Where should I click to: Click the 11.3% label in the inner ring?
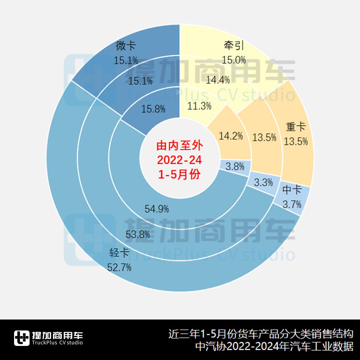coord(199,105)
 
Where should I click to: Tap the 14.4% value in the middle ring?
coord(218,80)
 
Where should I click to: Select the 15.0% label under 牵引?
coord(234,60)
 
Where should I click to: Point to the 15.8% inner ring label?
coord(153,109)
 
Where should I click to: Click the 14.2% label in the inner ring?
coord(231,136)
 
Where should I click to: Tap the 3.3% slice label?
coord(263,182)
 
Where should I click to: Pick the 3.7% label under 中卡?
coord(292,203)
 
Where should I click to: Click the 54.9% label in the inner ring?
coord(157,209)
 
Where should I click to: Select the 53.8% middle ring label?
coord(138,234)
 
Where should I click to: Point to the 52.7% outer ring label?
coord(120,268)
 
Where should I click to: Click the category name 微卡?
coord(126,46)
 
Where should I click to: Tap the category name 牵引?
coord(234,46)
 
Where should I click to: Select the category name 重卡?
coord(296,127)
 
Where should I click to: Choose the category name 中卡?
coord(292,190)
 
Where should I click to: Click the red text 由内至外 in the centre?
coord(180,145)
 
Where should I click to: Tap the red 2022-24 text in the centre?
coord(180,160)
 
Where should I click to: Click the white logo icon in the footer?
coord(22,338)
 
